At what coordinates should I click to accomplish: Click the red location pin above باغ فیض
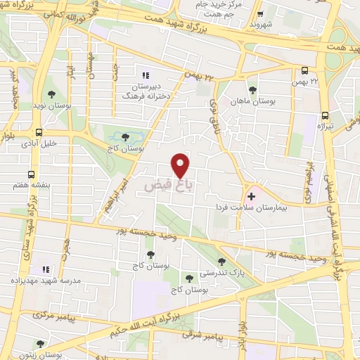(181, 165)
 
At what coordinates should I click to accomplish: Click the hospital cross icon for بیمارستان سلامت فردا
(251, 195)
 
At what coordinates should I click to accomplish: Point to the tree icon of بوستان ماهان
(252, 90)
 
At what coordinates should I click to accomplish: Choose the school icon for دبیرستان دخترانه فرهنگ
(146, 75)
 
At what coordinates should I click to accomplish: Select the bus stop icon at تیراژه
(324, 115)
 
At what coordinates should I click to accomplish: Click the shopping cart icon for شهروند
(260, 13)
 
